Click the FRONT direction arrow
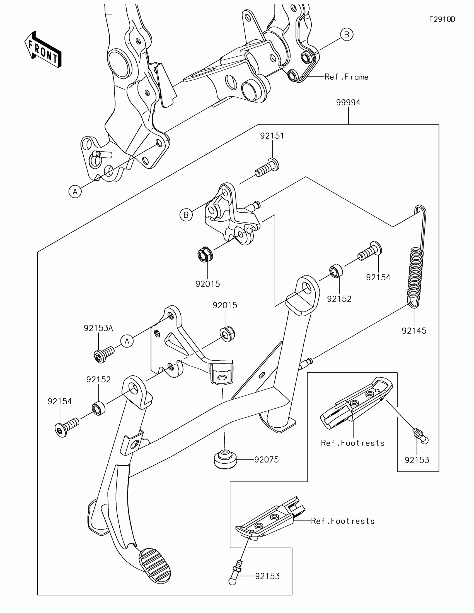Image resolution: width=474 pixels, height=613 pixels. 43,49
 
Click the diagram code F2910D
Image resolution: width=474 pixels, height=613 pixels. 442,19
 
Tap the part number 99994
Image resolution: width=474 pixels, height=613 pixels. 348,102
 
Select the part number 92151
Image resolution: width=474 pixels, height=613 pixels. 272,136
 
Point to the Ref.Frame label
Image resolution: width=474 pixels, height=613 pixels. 347,77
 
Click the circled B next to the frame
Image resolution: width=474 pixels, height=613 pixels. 347,35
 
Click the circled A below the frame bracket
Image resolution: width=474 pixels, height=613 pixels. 75,191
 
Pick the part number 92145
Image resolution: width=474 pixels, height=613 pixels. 414,331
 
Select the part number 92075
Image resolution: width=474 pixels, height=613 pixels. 267,459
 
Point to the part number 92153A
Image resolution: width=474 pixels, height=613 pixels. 98,328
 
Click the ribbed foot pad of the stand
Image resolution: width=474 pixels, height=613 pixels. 155,564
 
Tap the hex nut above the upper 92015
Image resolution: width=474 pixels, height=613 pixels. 204,254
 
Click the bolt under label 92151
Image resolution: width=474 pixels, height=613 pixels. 267,168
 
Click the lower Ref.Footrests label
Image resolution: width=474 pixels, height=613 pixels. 343,521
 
